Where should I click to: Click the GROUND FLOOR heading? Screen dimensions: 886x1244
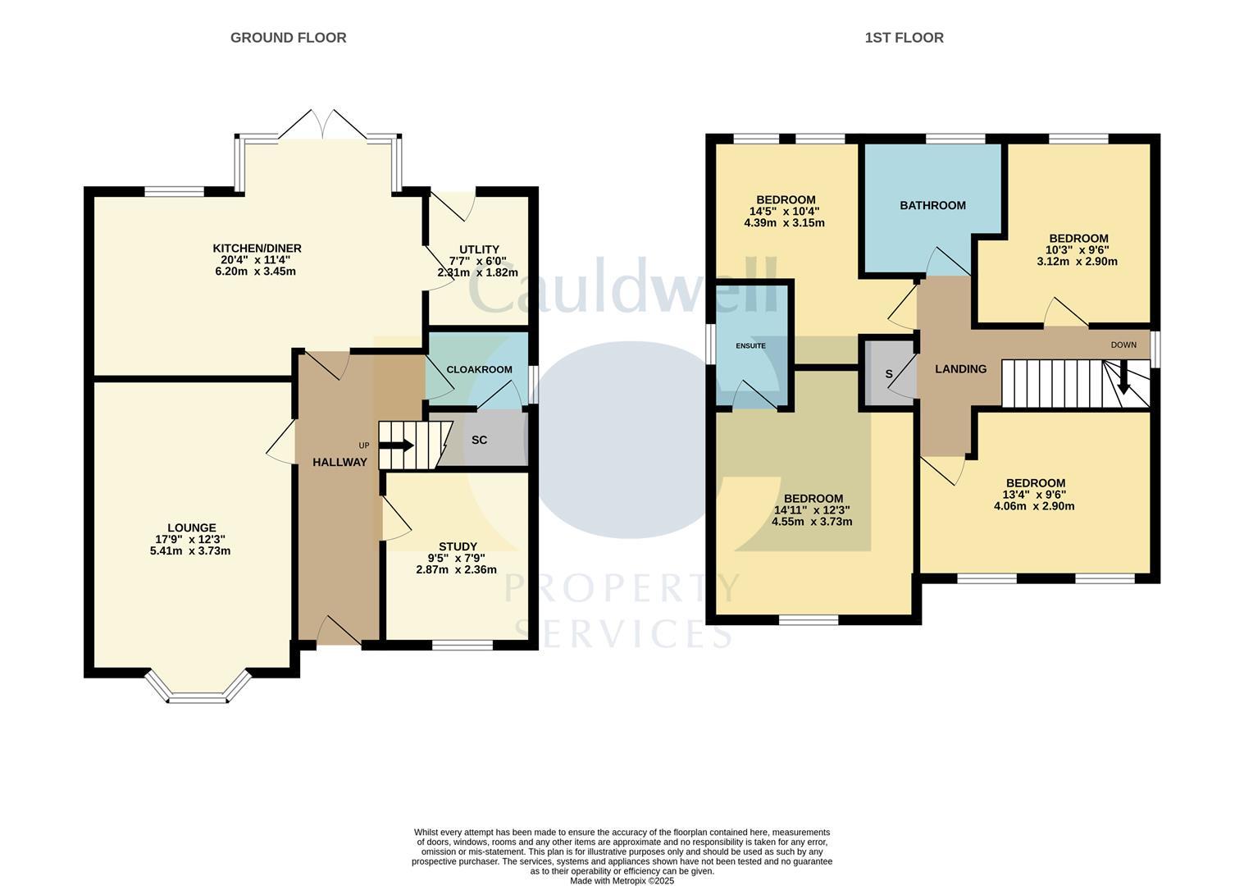point(288,38)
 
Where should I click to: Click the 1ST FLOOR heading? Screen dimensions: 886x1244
point(904,38)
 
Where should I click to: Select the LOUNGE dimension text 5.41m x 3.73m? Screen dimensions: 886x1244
point(189,551)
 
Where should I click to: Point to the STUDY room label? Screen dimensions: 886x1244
point(457,546)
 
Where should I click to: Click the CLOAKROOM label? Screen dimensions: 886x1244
point(479,369)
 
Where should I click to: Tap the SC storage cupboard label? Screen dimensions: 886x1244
point(479,440)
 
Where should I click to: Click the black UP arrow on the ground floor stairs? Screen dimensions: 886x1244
point(397,445)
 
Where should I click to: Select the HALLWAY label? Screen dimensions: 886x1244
point(339,463)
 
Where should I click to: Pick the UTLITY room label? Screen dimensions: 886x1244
point(479,249)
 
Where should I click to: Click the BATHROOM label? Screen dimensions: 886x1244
point(932,206)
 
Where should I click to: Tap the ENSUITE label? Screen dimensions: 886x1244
point(750,346)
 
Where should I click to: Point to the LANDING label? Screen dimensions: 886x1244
point(960,369)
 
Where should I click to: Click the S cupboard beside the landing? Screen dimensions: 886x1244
point(888,375)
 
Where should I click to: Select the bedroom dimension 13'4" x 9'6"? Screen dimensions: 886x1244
point(1034,495)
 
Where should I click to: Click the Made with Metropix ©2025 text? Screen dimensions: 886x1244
point(622,880)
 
